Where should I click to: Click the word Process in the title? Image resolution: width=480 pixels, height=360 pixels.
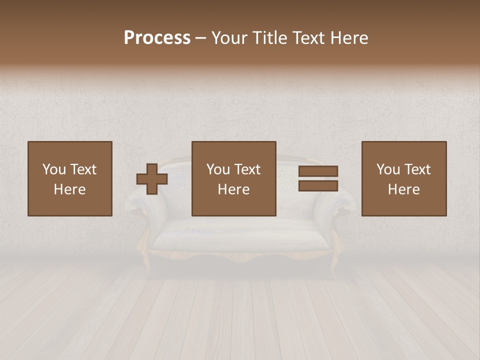[x=157, y=38]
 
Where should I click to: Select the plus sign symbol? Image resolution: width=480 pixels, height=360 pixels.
[x=152, y=179]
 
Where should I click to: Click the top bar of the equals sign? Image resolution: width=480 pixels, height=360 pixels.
[x=318, y=171]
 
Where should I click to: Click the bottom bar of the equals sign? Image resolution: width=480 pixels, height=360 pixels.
[x=318, y=185]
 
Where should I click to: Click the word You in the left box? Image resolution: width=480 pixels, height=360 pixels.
[x=54, y=169]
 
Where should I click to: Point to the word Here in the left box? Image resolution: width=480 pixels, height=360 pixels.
[x=69, y=189]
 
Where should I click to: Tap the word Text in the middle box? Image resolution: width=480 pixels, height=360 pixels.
[x=247, y=169]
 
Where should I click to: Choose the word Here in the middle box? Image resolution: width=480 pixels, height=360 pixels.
[x=233, y=189]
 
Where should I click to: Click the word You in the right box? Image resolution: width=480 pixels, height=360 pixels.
[x=388, y=169]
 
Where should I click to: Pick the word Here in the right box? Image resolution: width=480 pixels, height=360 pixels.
[x=403, y=189]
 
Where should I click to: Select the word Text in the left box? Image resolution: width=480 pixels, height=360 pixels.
[x=83, y=169]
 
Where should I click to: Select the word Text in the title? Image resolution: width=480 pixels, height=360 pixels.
[x=308, y=38]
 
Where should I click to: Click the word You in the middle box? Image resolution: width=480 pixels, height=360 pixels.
[x=218, y=169]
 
